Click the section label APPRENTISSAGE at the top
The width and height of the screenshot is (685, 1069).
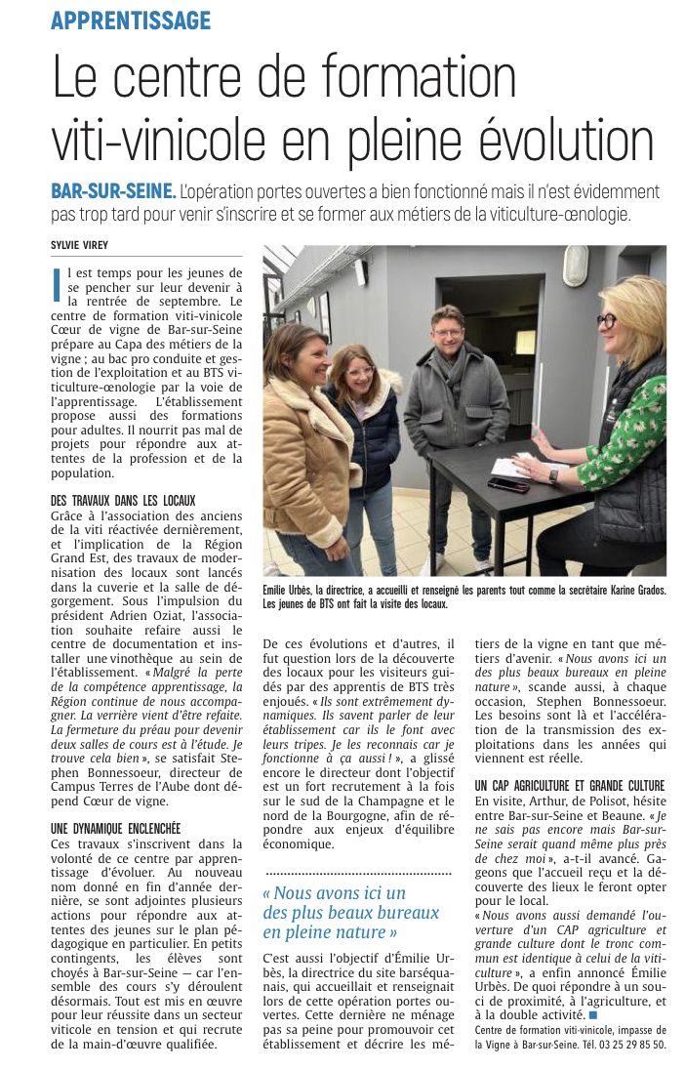click(131, 20)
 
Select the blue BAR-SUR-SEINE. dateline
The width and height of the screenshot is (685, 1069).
click(113, 191)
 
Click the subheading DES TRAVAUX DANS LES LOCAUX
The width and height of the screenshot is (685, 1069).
click(123, 500)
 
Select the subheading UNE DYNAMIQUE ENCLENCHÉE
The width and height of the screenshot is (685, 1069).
click(115, 829)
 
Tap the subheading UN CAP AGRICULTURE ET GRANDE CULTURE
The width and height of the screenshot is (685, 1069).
click(570, 785)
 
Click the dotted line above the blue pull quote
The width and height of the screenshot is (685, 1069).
click(358, 872)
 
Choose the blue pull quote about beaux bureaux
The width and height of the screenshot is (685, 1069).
click(350, 913)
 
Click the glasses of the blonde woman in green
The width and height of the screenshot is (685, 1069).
click(607, 320)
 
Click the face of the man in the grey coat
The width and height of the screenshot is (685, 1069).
click(448, 330)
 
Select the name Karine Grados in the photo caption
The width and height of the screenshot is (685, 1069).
click(629, 591)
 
